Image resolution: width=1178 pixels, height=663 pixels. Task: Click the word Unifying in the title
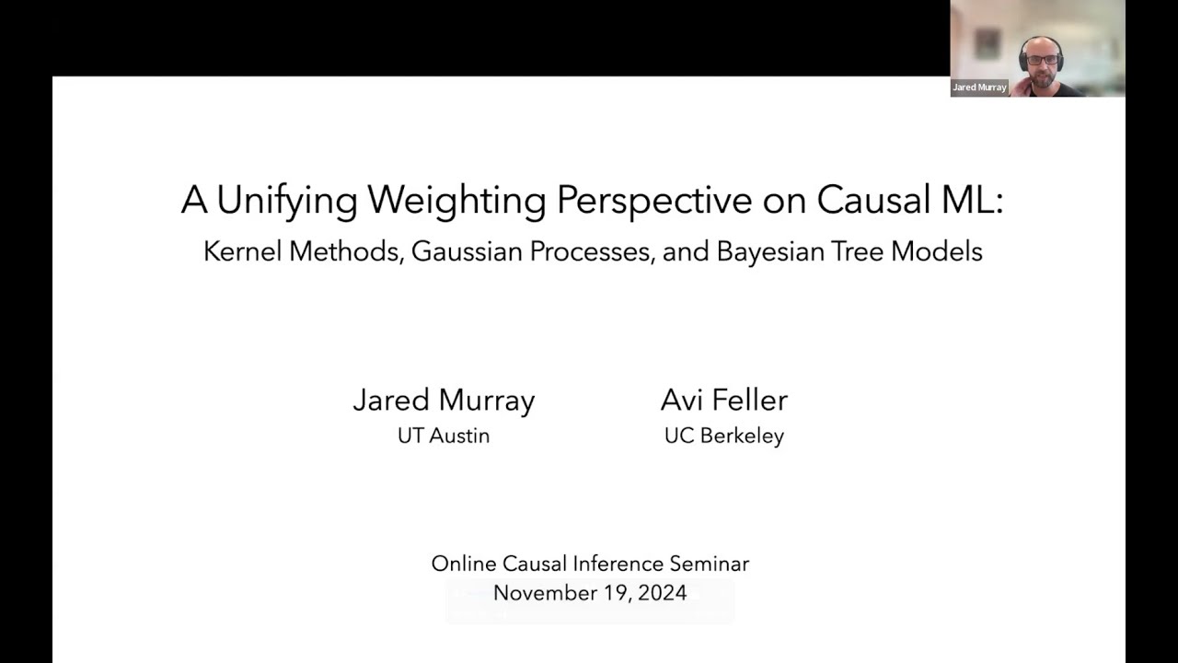[287, 201]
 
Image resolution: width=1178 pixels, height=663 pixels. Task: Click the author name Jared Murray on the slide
[444, 401]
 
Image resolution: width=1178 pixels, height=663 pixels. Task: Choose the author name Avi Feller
[724, 401]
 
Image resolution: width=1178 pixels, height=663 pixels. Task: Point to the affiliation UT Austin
[444, 436]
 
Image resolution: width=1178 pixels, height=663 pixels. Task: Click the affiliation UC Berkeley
[724, 436]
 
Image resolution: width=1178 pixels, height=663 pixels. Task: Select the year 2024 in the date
[661, 593]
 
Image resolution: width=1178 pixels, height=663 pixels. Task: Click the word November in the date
[544, 593]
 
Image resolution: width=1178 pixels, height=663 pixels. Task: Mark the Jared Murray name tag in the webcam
[979, 87]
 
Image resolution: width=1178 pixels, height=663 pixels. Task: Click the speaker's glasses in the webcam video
[1041, 60]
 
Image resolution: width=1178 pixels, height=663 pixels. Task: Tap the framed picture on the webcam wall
[987, 43]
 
